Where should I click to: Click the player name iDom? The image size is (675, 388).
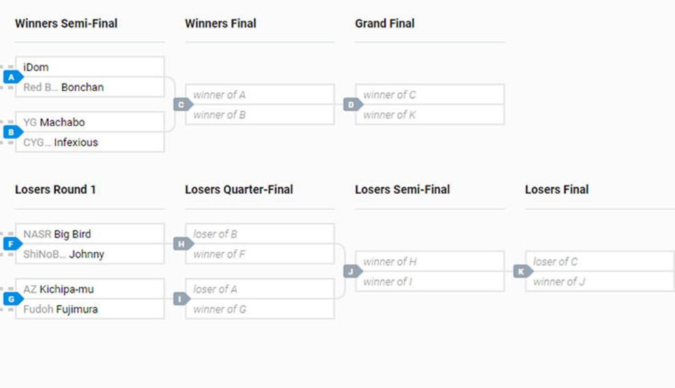pos(36,67)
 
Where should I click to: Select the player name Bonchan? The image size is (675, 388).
pos(82,87)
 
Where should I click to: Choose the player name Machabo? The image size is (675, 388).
pos(62,122)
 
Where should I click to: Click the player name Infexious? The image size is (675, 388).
pos(76,142)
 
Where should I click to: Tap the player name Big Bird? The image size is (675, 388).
pos(72,234)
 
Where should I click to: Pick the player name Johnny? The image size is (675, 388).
pos(86,254)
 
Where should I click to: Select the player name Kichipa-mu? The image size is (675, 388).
pos(66,289)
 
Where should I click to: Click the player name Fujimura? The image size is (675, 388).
pos(77,309)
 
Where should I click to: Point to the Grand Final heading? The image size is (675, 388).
pos(385,23)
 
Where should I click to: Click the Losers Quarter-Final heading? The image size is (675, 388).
pos(239,190)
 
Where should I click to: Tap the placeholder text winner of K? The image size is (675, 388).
pos(389,115)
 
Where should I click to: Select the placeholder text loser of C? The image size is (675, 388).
pos(556,262)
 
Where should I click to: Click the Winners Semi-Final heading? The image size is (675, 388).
pos(66,23)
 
